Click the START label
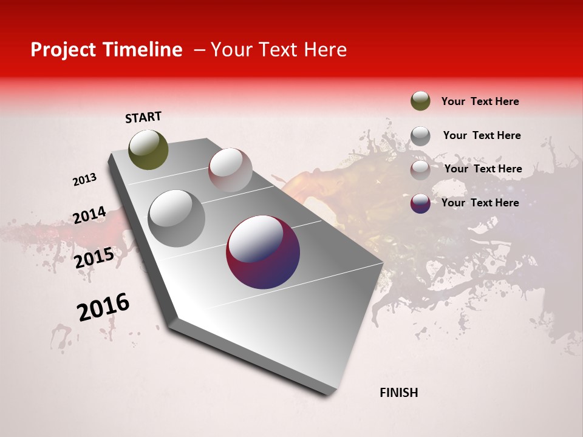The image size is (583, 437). tap(143, 117)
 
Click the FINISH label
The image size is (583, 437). tap(398, 393)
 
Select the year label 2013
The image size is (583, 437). tap(84, 180)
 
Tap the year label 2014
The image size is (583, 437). tap(89, 215)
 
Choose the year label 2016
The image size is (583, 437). tap(103, 307)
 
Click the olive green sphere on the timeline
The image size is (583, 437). tap(148, 149)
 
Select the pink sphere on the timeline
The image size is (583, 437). tap(230, 170)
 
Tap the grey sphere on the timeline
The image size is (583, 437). tap(176, 218)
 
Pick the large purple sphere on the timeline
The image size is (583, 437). tap(263, 252)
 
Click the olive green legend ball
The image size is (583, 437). tap(420, 101)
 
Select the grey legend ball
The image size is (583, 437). tap(420, 135)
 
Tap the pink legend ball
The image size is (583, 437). tap(420, 169)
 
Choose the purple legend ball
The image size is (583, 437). tap(420, 203)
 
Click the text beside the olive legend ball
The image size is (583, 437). tap(480, 101)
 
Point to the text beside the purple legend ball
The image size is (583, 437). tap(480, 203)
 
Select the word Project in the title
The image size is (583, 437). tap(61, 50)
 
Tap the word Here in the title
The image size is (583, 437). tap(325, 50)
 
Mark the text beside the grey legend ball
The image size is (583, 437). tap(482, 135)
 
